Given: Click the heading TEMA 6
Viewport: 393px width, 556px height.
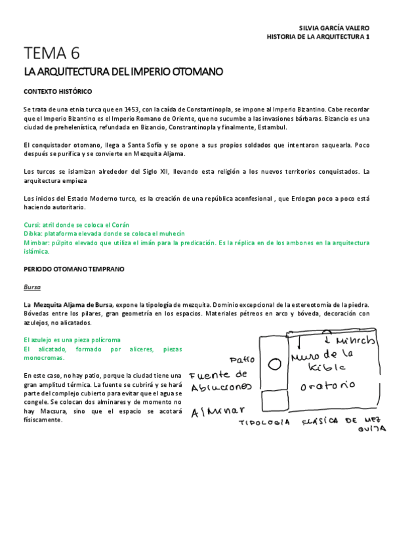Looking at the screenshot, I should (x=52, y=53).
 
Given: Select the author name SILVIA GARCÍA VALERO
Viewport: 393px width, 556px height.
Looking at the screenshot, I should (x=334, y=28).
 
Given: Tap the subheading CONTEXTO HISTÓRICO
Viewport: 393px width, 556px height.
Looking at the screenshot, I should (x=58, y=91).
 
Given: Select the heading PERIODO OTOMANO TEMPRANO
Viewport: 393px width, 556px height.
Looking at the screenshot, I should (x=73, y=269).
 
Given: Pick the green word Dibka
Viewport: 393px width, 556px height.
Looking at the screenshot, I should (x=32, y=233).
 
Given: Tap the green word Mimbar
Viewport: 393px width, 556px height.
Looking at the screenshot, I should (x=35, y=243).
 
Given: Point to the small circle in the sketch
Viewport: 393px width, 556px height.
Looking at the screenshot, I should (x=276, y=363).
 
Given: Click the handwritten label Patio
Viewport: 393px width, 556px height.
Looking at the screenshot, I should (x=241, y=360).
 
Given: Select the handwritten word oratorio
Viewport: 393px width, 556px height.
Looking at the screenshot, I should (x=328, y=385).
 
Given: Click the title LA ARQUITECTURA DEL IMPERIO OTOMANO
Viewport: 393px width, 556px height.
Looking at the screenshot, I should (x=123, y=71).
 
